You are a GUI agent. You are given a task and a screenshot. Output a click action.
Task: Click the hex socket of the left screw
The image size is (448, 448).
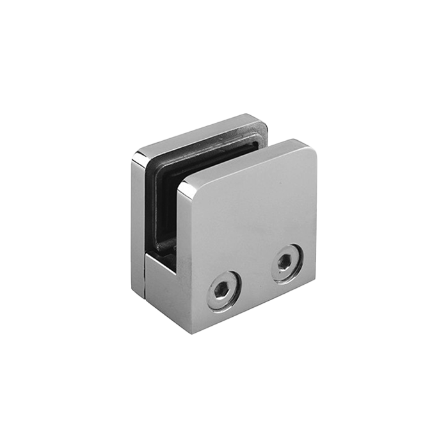tap(223, 290)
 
